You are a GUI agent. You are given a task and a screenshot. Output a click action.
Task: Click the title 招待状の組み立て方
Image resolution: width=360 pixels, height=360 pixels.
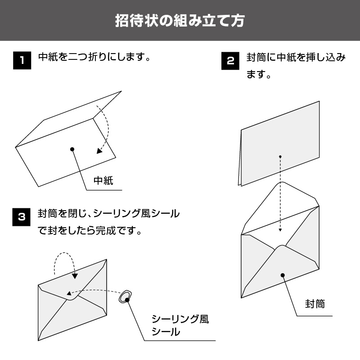coord(180,21)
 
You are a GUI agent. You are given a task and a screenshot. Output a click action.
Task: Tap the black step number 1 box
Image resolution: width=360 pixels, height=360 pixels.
coord(22,60)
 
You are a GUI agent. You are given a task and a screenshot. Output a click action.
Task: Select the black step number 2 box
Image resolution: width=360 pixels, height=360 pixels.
coord(230,61)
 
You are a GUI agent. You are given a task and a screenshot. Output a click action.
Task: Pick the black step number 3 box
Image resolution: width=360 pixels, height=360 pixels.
coord(21,217)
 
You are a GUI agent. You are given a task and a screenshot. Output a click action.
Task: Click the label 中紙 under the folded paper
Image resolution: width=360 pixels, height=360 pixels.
coord(103,181)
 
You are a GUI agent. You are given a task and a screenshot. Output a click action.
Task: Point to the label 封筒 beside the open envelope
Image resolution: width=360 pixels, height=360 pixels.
coord(315,304)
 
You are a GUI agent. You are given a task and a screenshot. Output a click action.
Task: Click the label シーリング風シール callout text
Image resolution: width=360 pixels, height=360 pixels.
coord(180,325)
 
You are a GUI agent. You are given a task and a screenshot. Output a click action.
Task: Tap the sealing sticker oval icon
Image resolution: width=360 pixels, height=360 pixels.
coord(125,297)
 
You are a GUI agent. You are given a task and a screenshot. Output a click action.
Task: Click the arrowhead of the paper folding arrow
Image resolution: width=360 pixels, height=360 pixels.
coord(99,151)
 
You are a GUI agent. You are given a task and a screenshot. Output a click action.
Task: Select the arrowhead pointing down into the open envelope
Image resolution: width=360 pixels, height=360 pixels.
coord(280,229)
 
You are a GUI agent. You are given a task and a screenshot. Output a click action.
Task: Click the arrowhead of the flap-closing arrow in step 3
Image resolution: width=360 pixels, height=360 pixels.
coord(75,276)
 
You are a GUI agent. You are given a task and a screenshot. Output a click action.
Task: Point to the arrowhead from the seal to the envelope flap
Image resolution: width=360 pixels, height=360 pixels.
coord(69,293)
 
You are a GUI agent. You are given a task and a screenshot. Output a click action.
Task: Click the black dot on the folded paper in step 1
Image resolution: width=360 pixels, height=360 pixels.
coord(72,149)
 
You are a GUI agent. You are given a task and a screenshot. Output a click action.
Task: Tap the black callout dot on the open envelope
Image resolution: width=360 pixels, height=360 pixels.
coord(283,275)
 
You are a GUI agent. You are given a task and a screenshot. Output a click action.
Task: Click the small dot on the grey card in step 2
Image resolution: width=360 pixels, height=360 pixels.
coord(280,157)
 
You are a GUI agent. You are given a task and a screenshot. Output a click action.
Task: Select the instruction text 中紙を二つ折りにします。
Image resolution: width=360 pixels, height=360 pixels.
coord(94,57)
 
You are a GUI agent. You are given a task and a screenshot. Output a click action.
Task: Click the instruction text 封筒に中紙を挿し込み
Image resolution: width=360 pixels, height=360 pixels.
coord(296,57)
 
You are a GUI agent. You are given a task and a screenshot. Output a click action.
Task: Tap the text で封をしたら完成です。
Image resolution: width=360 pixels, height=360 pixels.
coord(90,230)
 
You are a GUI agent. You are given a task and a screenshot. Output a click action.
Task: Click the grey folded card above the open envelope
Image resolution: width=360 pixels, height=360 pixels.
coord(279,144)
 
